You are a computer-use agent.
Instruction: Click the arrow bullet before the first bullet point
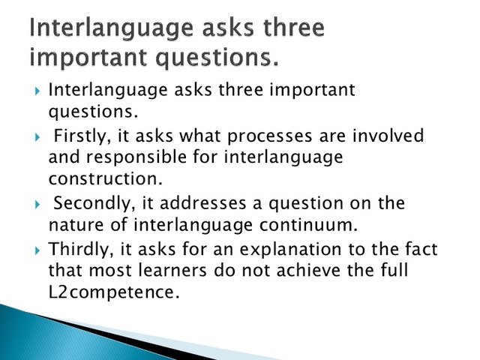point(37,91)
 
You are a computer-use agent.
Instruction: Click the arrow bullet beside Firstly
point(37,137)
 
